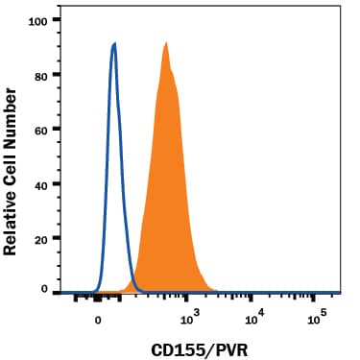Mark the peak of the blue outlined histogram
(115, 43)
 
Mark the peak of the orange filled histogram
(166, 42)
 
